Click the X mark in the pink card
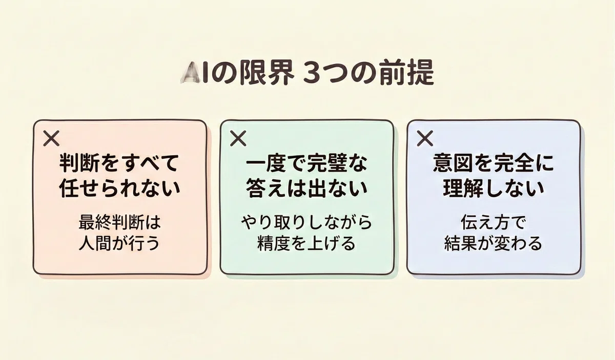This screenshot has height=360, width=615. (51, 138)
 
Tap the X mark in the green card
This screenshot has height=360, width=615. (238, 138)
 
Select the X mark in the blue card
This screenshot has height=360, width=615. (425, 138)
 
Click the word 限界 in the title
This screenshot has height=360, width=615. (266, 74)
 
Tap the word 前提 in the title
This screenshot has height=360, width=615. (407, 74)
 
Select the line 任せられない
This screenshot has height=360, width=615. (120, 188)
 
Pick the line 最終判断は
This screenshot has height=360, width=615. (120, 222)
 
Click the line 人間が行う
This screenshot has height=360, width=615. (120, 243)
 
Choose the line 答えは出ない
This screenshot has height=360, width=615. (306, 188)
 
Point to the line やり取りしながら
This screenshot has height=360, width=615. (306, 222)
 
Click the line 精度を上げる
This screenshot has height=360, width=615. (306, 243)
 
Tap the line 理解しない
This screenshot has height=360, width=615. (494, 188)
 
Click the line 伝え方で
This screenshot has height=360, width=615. (494, 222)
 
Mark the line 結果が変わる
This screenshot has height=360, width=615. (494, 243)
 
